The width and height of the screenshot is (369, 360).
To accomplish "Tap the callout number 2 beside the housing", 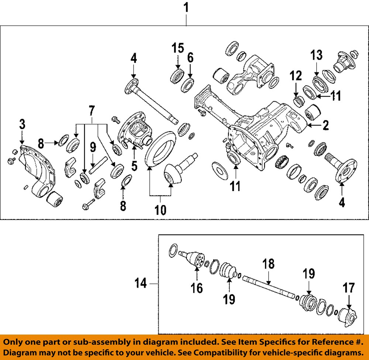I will pos(325,126).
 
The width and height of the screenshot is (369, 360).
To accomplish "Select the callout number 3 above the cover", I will pos(22,124).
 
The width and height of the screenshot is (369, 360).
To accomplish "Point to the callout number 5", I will pos(134,165).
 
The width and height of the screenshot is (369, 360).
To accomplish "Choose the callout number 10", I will pos(160,210).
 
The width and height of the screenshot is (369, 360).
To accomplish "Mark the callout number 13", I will pos(317,55).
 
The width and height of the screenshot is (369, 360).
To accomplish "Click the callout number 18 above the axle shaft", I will pos(269,264).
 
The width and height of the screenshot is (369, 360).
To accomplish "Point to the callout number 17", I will pos(349,288).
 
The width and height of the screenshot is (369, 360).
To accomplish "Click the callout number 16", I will pos(197,288).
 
